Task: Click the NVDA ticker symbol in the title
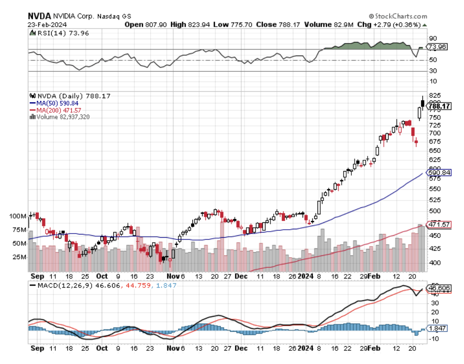pyautogui.click(x=39, y=17)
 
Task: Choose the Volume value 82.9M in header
pyautogui.click(x=344, y=25)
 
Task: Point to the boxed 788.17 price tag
pyautogui.click(x=439, y=107)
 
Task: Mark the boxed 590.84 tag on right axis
pyautogui.click(x=439, y=173)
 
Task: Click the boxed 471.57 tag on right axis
pyautogui.click(x=439, y=224)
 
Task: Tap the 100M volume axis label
pyautogui.click(x=18, y=216)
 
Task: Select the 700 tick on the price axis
pyautogui.click(x=434, y=133)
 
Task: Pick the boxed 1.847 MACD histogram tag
pyautogui.click(x=437, y=329)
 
